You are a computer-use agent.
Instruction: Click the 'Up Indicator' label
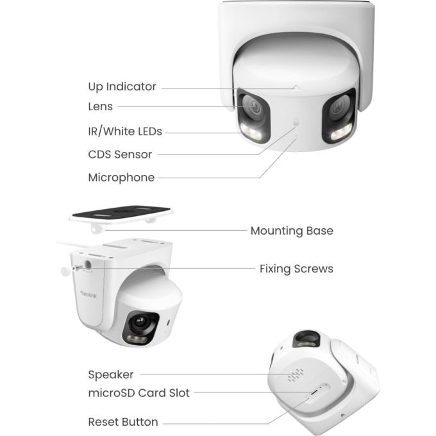pos(122,87)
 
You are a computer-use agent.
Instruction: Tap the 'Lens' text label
pos(101,106)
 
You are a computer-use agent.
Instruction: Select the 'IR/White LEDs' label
pos(125,131)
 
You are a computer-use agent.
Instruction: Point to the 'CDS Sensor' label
pos(120,155)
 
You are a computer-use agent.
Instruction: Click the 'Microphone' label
pos(121,178)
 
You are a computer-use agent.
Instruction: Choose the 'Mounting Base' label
pos(292,231)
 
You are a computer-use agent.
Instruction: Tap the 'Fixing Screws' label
pos(296,269)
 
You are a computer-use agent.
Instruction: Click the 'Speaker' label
pos(111,374)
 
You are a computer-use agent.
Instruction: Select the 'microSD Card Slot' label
pos(138,393)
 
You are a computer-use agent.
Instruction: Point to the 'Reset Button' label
pos(123,422)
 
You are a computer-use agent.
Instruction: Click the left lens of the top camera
pos(253,106)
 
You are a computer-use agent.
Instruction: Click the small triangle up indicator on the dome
pos(296,88)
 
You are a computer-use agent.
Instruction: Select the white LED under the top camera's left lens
pos(251,132)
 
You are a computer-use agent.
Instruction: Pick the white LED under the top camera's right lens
pos(341,133)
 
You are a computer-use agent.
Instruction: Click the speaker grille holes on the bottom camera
pos(296,375)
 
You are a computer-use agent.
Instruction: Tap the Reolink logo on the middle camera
pos(88,294)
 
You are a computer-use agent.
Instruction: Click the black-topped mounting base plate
pos(121,214)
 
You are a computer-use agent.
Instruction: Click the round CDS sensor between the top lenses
pos(296,122)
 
